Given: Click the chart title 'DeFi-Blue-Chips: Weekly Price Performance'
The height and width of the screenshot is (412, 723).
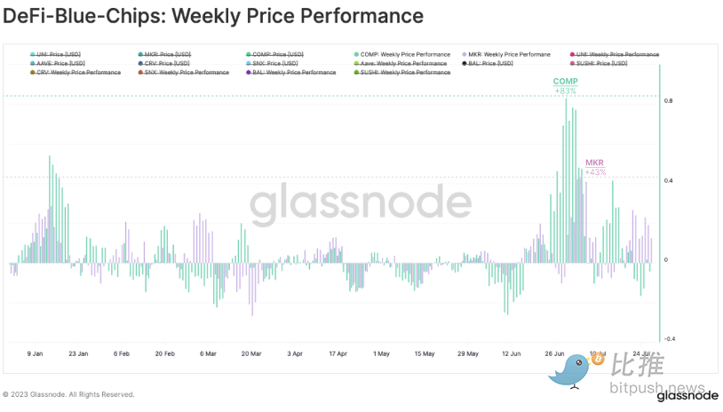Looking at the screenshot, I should (x=213, y=16).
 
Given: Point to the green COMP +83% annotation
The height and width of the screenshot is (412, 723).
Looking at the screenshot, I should (x=565, y=85).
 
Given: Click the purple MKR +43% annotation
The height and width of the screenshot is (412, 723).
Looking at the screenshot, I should (x=595, y=167).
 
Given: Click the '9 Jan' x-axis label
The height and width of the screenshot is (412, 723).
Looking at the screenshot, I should (x=36, y=353).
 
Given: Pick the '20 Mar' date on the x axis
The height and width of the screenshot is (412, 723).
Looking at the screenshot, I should (x=251, y=353).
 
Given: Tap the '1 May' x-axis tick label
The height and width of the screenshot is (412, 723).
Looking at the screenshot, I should (x=381, y=353).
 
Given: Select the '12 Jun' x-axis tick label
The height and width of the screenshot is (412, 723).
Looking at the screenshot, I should (x=511, y=353).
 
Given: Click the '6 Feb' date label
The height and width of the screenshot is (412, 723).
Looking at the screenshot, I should (x=122, y=353).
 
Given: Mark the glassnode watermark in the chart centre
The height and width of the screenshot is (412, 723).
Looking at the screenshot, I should (x=360, y=205).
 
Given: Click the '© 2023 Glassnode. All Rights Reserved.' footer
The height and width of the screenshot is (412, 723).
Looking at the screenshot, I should (x=69, y=394).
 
